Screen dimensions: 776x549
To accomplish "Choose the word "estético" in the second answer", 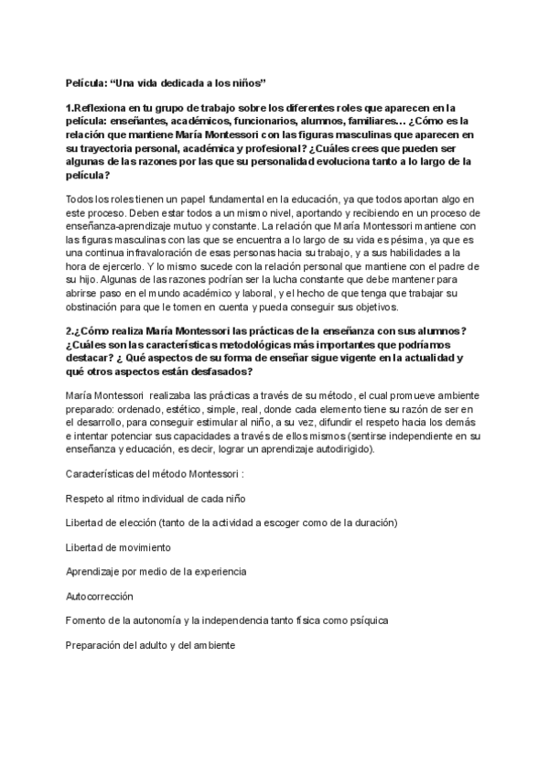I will pos(182,409).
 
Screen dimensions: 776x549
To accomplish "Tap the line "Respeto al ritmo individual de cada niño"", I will pos(155,499).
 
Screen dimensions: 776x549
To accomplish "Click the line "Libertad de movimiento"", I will pos(118,547).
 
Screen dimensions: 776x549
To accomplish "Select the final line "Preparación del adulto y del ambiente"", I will pos(150,644).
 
